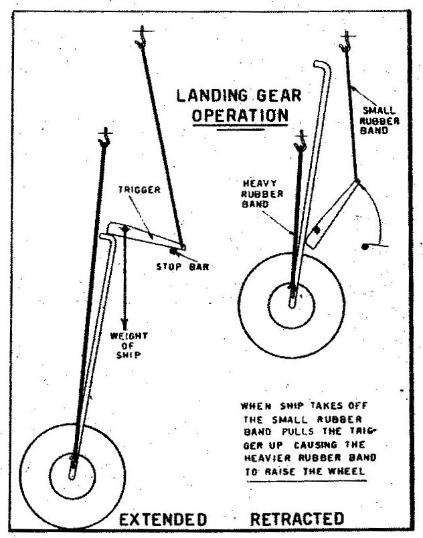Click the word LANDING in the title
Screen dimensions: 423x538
(x=211, y=96)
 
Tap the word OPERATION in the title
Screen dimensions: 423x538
(x=240, y=115)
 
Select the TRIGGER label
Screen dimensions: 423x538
(x=139, y=190)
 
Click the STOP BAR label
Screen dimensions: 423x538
(x=183, y=266)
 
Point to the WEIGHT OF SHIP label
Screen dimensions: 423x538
(x=129, y=345)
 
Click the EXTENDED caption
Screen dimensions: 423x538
(x=163, y=519)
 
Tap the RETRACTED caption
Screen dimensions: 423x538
(x=297, y=519)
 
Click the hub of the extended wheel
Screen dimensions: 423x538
(x=72, y=476)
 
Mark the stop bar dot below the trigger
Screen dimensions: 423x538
(x=173, y=252)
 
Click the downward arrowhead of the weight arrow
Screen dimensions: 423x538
(x=124, y=325)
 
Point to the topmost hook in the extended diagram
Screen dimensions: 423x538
(x=142, y=37)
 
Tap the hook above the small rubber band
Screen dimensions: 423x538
(x=346, y=41)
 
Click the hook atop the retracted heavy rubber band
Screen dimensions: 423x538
(x=301, y=141)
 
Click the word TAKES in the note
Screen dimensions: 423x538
(x=326, y=406)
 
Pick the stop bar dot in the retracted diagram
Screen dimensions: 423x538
(x=365, y=246)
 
